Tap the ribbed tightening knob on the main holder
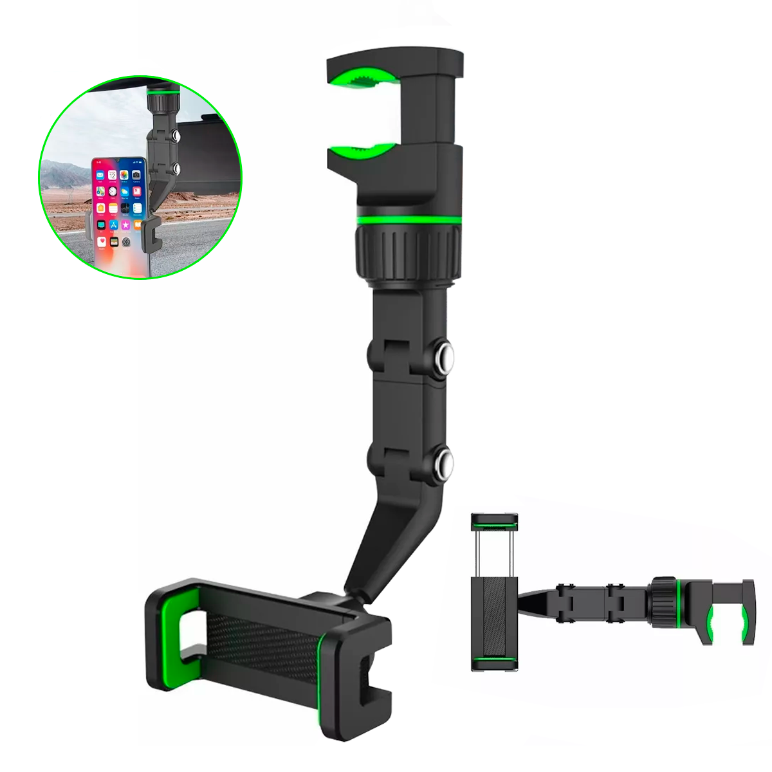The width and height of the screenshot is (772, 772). click(x=407, y=251)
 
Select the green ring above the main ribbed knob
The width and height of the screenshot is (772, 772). click(x=407, y=221)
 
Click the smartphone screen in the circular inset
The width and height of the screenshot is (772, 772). click(x=119, y=212)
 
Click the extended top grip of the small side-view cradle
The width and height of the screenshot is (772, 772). click(x=494, y=519)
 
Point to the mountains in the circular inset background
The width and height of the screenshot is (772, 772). click(x=64, y=174)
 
